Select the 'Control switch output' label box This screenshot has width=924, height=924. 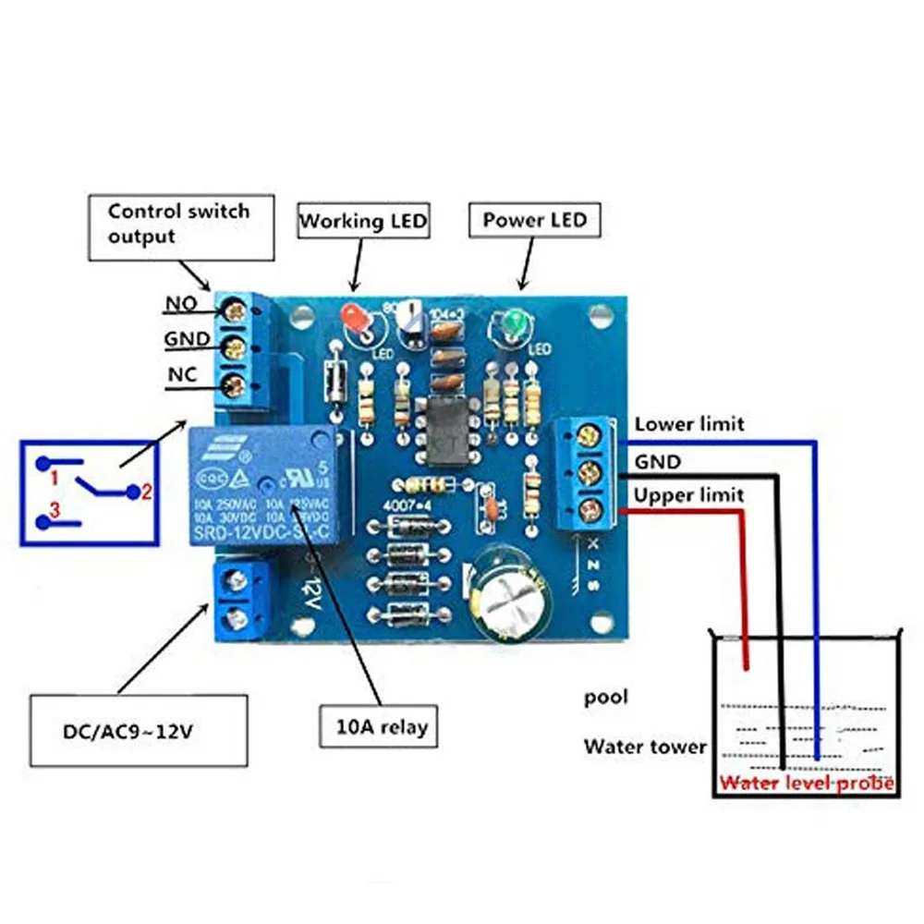[182, 225]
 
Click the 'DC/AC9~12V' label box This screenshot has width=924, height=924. [139, 732]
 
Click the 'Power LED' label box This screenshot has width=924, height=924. [534, 221]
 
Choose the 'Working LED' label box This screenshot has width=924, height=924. [363, 222]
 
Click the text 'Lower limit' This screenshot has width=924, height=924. [688, 424]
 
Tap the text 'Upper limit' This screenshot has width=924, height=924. [688, 495]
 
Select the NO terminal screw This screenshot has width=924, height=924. [235, 311]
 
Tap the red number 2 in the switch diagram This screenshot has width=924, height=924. [145, 492]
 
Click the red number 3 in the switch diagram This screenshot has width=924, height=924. [55, 509]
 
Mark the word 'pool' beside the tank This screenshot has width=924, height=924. [605, 697]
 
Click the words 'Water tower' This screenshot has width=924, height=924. [644, 746]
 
